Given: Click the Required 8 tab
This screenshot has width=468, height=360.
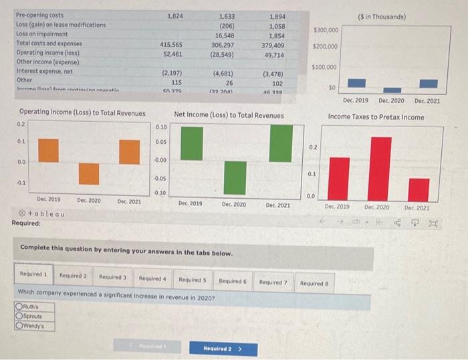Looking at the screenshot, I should point(313,283).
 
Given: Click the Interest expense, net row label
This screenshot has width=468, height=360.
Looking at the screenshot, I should point(44,71).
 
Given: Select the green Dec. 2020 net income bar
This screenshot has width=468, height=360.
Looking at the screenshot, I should point(234,177).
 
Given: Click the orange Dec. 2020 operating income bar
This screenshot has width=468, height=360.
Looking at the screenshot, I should point(89,173).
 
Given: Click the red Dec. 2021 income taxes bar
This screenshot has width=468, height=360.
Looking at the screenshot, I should point(419,189).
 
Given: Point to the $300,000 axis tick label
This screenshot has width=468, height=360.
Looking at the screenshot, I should point(326,30).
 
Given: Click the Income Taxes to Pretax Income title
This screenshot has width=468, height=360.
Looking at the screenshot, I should point(376,117).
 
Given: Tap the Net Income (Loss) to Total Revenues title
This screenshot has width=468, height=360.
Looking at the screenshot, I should point(229,115).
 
